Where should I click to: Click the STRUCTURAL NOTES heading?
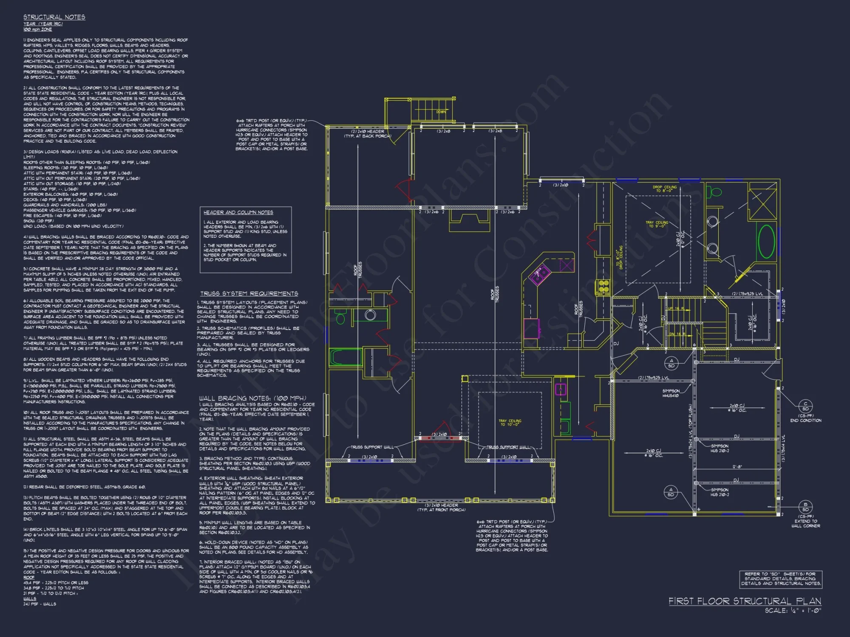click(x=54, y=17)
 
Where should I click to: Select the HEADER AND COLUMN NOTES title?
click(x=238, y=212)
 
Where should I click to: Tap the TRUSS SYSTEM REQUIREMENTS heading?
click(x=249, y=293)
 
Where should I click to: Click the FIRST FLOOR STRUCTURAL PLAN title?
click(x=745, y=601)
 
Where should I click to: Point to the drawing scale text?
click(x=793, y=611)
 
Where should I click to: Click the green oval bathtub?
click(x=766, y=241)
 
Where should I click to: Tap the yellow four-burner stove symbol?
click(x=603, y=287)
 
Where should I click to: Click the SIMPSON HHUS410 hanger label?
click(x=671, y=393)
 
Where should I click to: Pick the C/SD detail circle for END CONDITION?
click(x=805, y=406)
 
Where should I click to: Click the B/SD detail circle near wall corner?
click(x=805, y=507)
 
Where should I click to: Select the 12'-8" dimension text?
click(x=737, y=467)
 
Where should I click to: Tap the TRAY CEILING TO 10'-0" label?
click(x=510, y=423)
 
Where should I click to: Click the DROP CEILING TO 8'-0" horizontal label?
click(x=665, y=189)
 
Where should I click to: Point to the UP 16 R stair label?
click(x=676, y=309)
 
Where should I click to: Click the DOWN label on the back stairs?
click(x=441, y=112)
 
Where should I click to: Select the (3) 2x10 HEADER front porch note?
click(x=441, y=507)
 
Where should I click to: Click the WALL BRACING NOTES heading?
click(x=252, y=398)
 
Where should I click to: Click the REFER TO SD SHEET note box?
click(x=780, y=579)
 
